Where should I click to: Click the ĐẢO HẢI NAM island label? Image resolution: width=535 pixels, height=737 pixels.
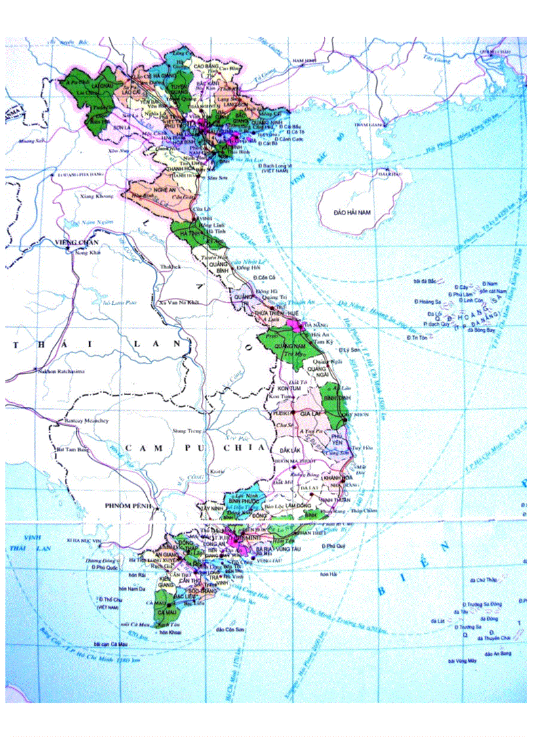352,213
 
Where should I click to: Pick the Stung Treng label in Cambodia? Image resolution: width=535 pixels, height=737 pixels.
184,431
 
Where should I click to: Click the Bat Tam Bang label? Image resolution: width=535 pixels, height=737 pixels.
72,450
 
